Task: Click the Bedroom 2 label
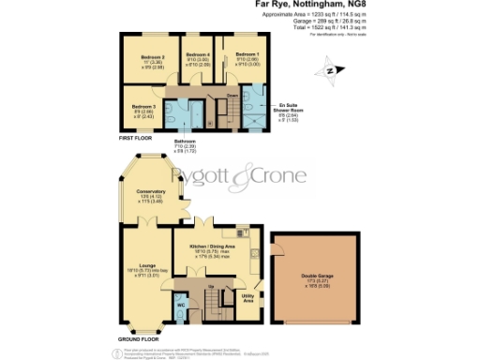pos(154,58)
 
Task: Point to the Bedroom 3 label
pos(142,107)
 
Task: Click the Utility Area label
pos(248,297)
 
